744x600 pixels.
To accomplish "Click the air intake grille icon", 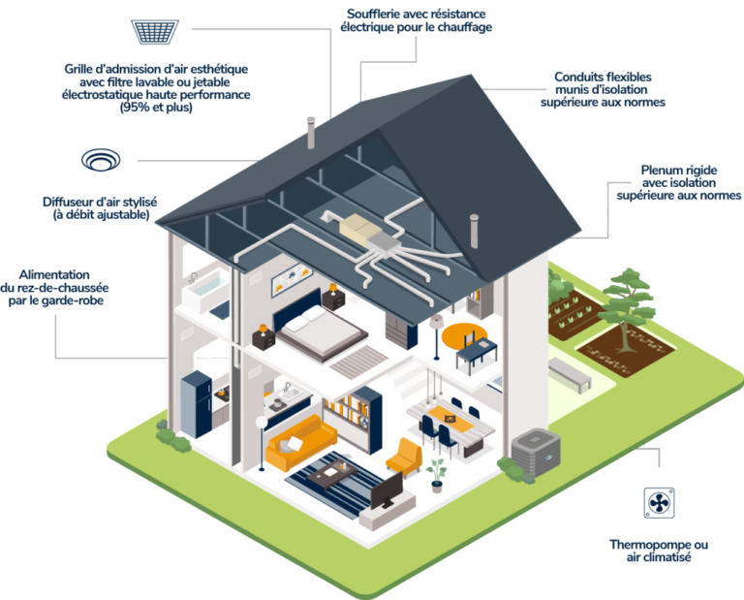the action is [x=155, y=32].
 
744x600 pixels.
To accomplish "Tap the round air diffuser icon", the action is [x=101, y=160].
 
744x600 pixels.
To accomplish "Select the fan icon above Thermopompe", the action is [x=659, y=503].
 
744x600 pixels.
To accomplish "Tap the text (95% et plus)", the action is [x=156, y=108].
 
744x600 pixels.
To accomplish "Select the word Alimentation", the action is [x=54, y=275].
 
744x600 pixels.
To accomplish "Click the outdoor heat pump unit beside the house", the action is [x=536, y=452].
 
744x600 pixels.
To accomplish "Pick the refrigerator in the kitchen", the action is [x=196, y=404].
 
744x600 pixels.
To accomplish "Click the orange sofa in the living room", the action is [x=300, y=442].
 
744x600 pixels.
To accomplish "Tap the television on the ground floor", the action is [x=387, y=490].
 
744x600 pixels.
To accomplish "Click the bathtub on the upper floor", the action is [x=206, y=290].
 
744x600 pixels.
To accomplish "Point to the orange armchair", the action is [x=404, y=457].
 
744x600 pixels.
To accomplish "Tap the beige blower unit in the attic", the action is [x=360, y=227].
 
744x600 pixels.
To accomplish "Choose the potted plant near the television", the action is [x=436, y=476].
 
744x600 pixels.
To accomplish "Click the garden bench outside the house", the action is [x=570, y=374].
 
